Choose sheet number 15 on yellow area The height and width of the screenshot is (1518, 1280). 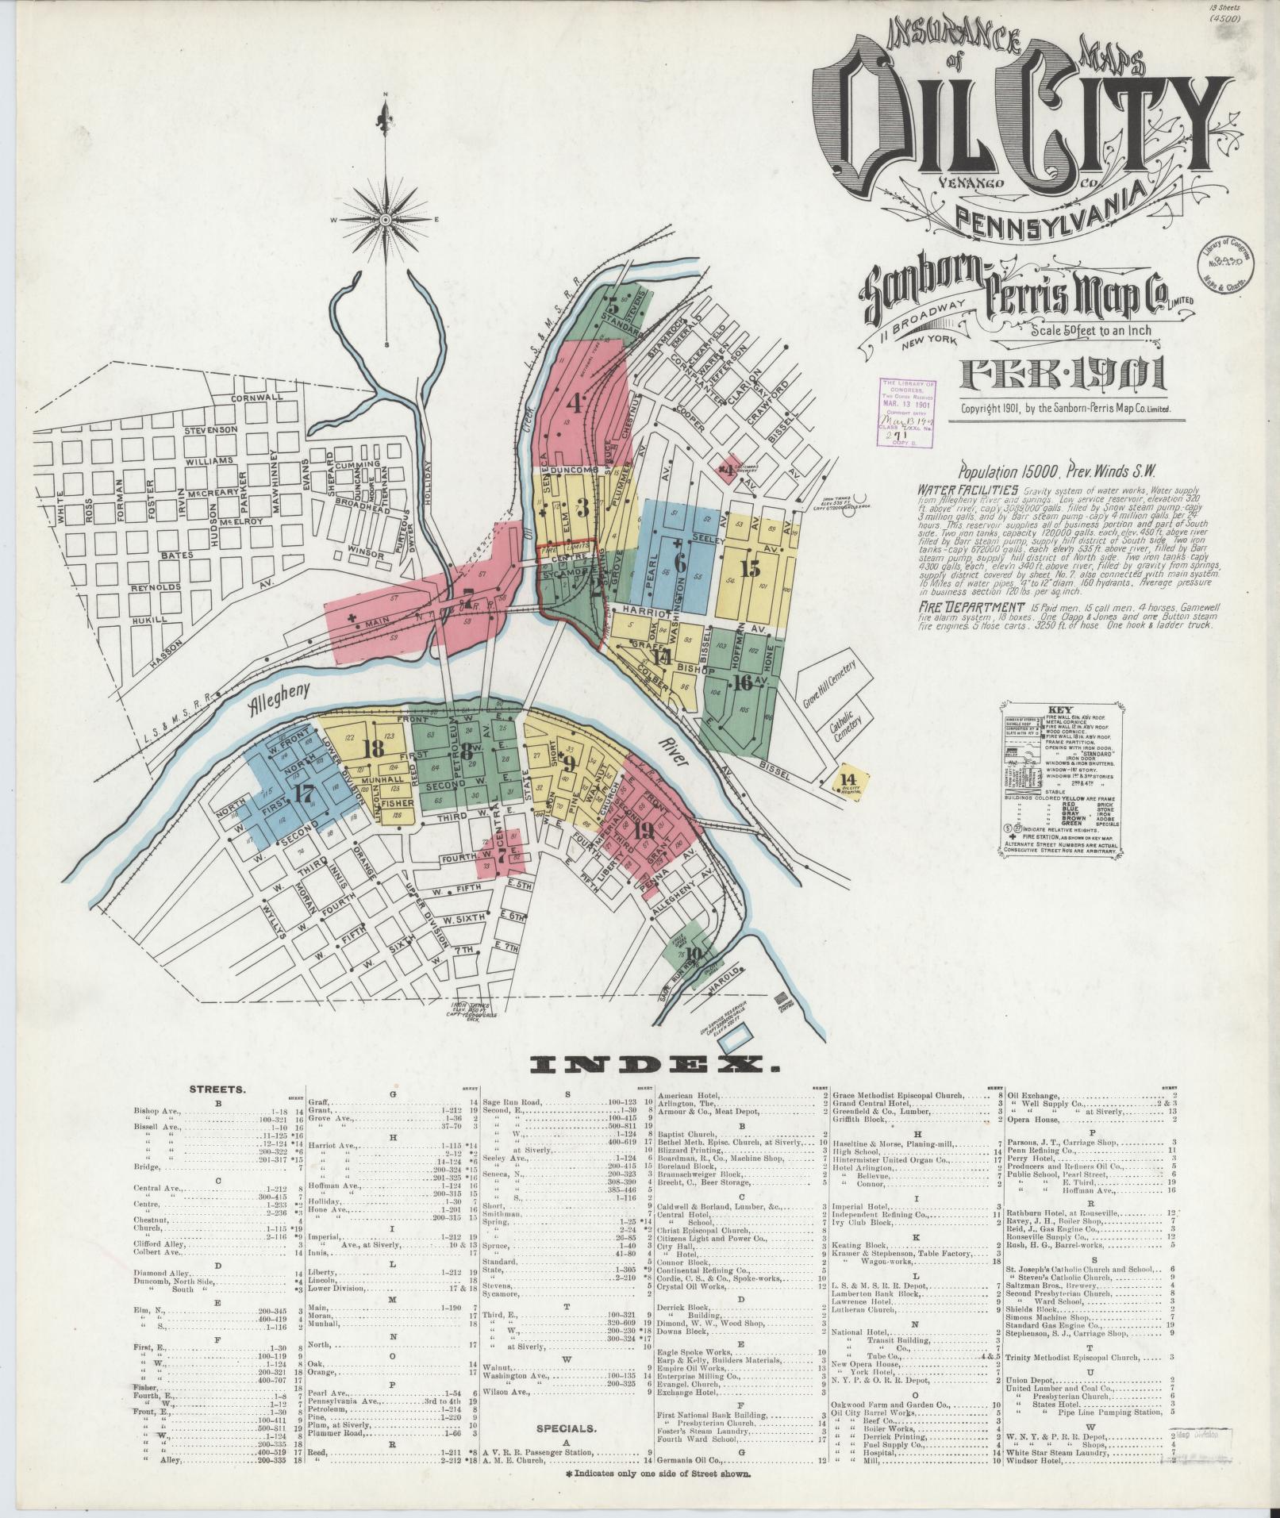750,567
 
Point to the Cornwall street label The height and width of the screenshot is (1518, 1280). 257,398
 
